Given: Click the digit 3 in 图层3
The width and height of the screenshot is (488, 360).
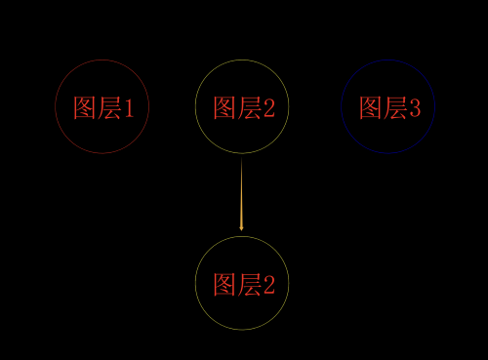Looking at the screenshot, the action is [415, 107].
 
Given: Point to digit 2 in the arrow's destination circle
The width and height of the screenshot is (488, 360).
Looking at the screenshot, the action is [269, 285].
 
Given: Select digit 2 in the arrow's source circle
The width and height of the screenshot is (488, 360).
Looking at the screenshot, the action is [269, 107].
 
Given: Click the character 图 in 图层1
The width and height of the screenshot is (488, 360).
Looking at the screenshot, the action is [84, 107].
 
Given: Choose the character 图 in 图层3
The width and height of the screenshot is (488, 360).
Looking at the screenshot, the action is [370, 107].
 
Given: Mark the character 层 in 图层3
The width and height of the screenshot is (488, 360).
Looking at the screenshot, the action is [395, 107].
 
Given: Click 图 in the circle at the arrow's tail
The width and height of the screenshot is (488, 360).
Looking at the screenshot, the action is [224, 107].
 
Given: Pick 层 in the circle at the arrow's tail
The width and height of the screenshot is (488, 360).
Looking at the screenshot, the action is [250, 107].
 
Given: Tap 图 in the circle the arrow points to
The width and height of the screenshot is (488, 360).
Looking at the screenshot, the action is [224, 285].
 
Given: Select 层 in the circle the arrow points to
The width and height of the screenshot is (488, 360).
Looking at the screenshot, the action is [250, 285].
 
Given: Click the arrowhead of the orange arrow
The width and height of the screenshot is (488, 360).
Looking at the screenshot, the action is [241, 226].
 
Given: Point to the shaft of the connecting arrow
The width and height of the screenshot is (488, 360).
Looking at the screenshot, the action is [241, 190].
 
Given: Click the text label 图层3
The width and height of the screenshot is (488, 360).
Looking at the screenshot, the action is [388, 107].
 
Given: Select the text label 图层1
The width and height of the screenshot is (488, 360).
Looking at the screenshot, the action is [109, 107].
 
